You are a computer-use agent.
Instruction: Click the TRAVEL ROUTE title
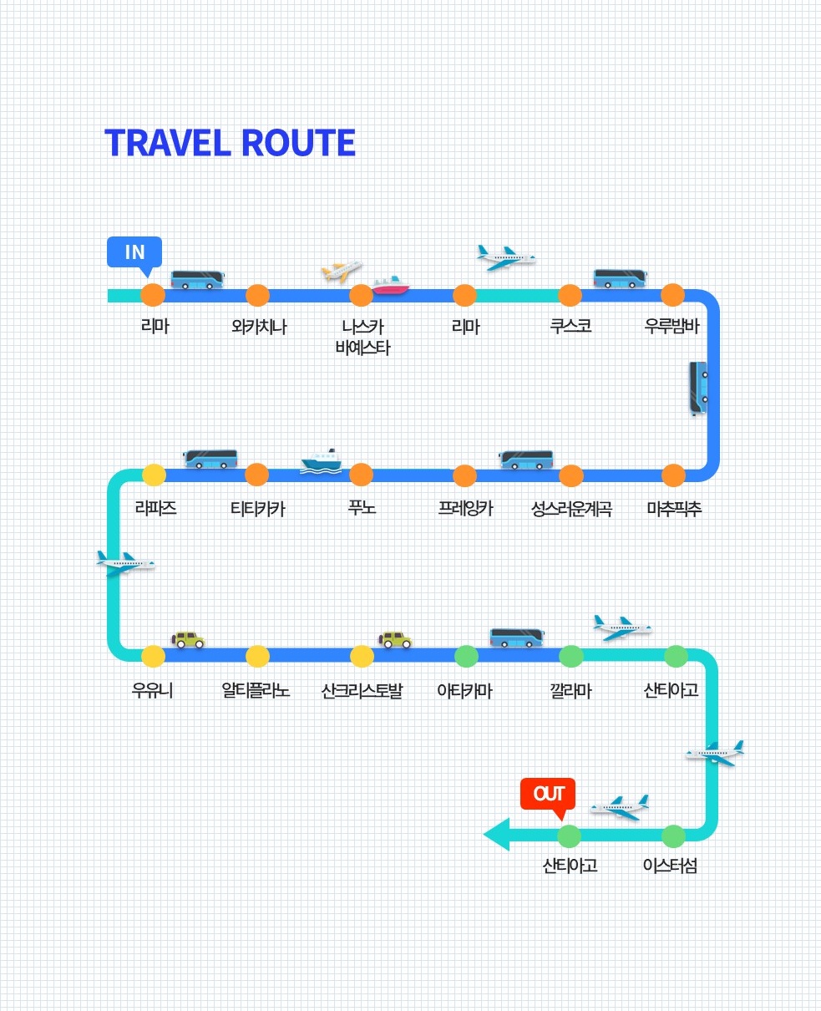point(230,143)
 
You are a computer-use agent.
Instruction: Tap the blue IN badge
point(134,252)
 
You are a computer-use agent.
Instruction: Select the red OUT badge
point(548,794)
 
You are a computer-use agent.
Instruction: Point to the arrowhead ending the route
point(496,835)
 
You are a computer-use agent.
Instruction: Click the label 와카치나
point(259,327)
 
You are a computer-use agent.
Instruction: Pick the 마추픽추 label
point(674,508)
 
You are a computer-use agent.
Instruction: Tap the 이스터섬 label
point(670,866)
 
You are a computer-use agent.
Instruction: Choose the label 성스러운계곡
point(571,508)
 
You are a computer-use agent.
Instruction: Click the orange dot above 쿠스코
point(570,295)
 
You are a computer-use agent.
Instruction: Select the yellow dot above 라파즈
point(154,475)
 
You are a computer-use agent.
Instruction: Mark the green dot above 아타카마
point(466,656)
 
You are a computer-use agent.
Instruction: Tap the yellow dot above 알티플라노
point(257,656)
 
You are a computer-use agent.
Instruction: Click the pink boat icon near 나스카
point(391,285)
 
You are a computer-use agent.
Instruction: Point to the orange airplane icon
point(342,271)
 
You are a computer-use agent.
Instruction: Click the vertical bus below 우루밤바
point(697,387)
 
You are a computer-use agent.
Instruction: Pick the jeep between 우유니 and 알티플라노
point(189,640)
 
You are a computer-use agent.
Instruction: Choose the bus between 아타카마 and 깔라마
point(516,638)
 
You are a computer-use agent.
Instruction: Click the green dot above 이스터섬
point(673,836)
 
